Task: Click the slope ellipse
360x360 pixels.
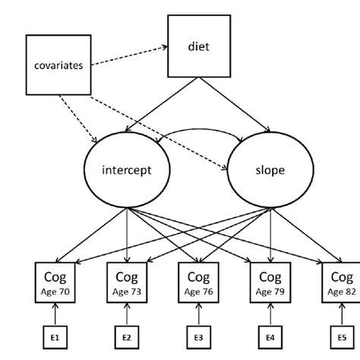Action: tap(266, 170)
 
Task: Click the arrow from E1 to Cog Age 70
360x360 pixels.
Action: tap(55, 312)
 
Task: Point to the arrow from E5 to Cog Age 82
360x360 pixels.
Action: tap(341, 312)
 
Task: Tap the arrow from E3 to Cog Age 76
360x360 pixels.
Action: tap(198, 312)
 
